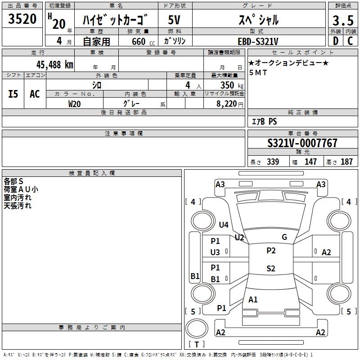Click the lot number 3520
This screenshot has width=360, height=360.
(x=22, y=19)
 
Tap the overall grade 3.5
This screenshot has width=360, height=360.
(x=343, y=21)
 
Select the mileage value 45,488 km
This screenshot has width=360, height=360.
(x=55, y=65)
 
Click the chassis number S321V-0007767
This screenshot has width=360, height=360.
(x=302, y=143)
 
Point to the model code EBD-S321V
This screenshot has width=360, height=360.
(x=258, y=41)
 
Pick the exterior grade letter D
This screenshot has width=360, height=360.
(x=335, y=41)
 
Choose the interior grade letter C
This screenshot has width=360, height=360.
(x=350, y=41)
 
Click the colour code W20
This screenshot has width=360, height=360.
(x=74, y=104)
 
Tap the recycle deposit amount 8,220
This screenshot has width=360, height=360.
(x=227, y=104)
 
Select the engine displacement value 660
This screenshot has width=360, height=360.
(x=139, y=41)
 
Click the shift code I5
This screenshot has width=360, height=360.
(x=13, y=94)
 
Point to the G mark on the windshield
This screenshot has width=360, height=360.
(x=284, y=237)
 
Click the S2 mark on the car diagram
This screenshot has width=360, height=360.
(x=271, y=268)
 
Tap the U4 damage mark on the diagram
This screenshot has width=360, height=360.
(x=224, y=225)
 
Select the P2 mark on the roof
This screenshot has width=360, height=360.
(x=271, y=251)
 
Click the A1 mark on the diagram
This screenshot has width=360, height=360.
(x=253, y=300)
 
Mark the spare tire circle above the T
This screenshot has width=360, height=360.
(x=197, y=328)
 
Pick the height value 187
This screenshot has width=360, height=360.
(x=346, y=162)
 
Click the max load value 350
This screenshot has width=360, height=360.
(x=227, y=85)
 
